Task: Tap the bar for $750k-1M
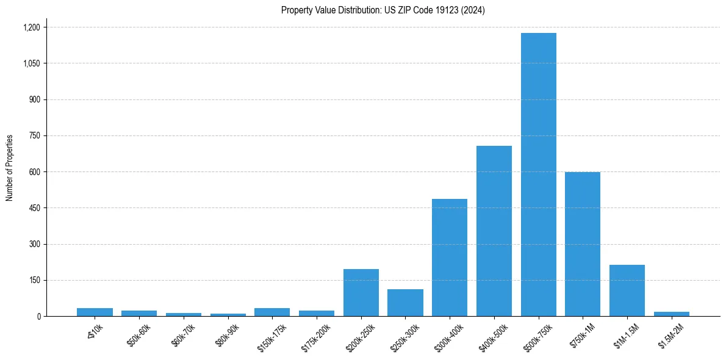(583, 244)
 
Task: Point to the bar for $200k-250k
(361, 293)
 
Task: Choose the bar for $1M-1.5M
(627, 290)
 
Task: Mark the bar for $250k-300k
(405, 303)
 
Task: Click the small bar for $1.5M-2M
(671, 314)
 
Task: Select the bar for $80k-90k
(228, 315)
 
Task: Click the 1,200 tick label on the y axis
(31, 27)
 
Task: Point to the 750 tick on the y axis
(34, 136)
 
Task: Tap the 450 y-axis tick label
(34, 208)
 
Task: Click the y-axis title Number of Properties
(10, 167)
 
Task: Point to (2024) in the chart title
(473, 10)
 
